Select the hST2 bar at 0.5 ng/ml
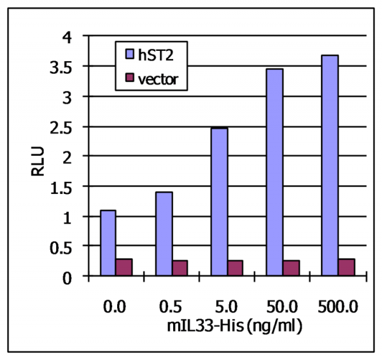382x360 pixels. pos(164,234)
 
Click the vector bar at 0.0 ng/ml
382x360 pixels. pos(124,267)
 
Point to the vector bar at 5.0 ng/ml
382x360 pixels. pos(235,268)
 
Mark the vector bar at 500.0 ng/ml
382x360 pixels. pos(346,267)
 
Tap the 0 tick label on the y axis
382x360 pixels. pos(74,276)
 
